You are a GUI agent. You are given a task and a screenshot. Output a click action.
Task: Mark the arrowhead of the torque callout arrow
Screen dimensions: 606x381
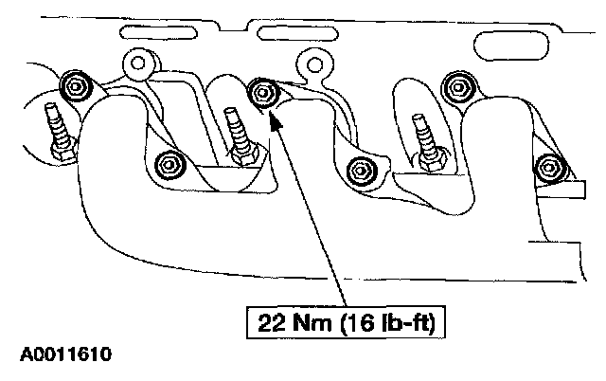(272, 115)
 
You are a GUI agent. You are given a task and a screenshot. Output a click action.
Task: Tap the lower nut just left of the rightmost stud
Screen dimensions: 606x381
(360, 172)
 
